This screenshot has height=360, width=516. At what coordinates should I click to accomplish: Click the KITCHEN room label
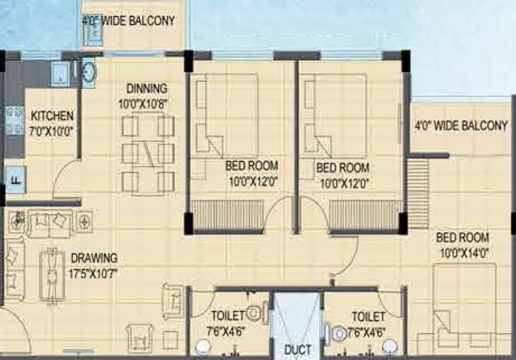pos(52,116)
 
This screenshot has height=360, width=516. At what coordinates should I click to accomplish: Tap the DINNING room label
pos(146,88)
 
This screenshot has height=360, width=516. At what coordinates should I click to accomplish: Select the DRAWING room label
pos(94,258)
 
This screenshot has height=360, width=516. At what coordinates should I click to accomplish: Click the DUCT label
pos(298,350)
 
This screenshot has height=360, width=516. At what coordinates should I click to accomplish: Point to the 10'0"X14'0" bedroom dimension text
pos(463,251)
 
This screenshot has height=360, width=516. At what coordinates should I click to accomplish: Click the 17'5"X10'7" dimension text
pos(94,273)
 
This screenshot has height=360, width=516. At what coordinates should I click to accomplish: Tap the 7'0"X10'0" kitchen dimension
pos(52,131)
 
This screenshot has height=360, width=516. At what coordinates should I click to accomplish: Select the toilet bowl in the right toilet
pos(337,332)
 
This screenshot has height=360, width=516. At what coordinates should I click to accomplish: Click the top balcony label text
pos(137,21)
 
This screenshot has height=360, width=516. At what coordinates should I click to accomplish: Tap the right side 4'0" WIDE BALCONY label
pos(461,125)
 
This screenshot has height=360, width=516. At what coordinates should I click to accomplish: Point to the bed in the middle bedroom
pos(333,114)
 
